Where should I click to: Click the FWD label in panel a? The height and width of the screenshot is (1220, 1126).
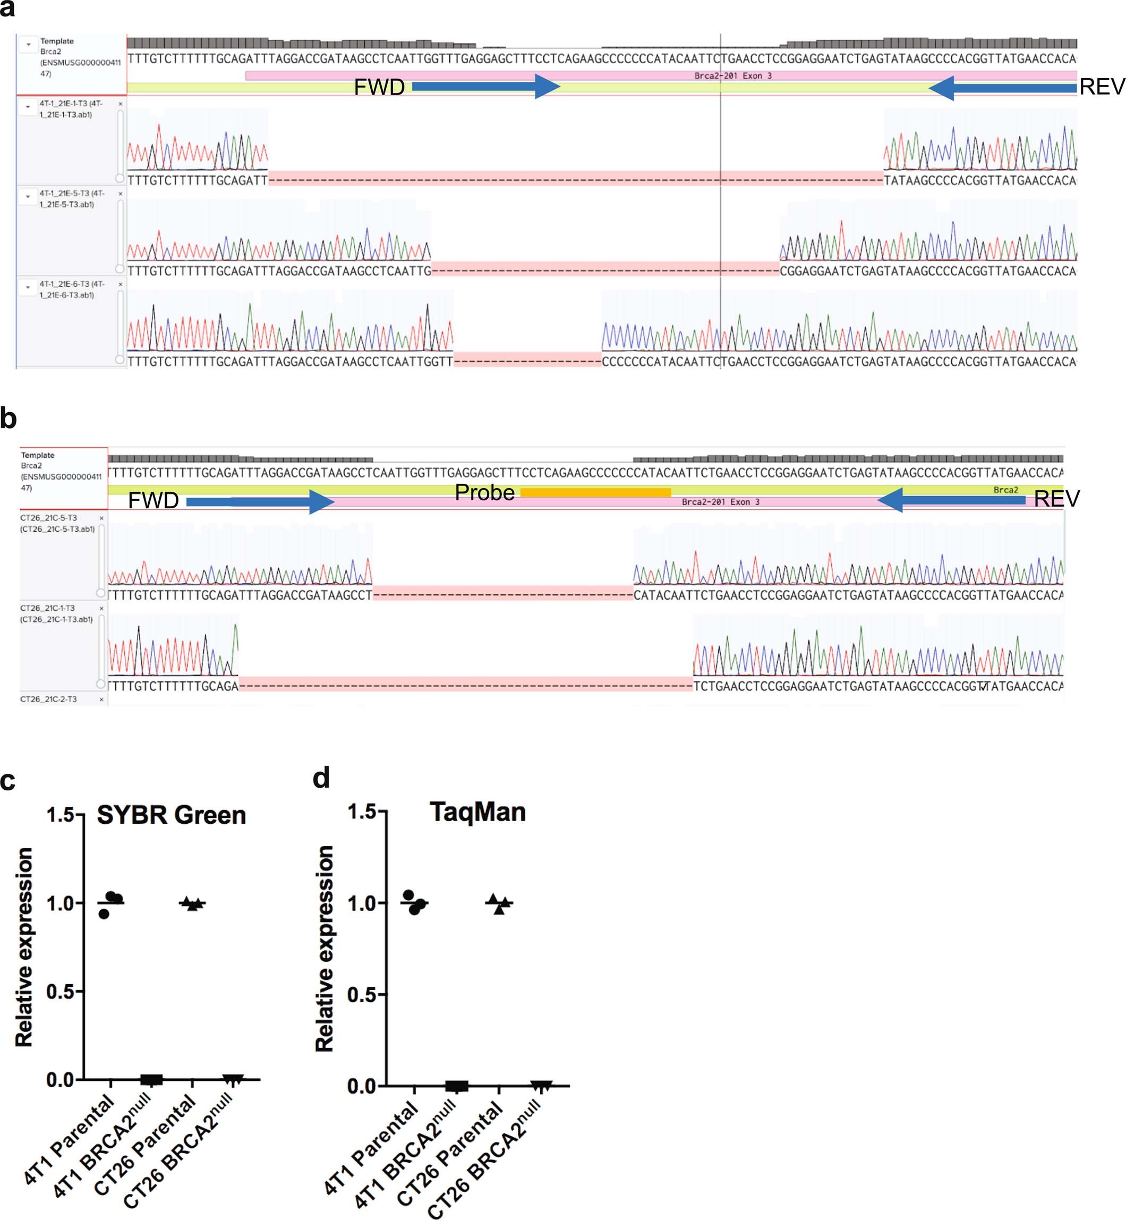[379, 87]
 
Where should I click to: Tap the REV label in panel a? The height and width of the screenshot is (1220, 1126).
[1101, 87]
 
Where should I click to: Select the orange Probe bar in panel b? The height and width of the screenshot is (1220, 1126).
[595, 492]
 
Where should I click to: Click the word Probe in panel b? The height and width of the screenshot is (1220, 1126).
[484, 492]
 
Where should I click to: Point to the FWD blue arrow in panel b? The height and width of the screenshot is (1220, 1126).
[260, 501]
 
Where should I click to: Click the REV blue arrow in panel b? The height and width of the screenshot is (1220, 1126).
[951, 500]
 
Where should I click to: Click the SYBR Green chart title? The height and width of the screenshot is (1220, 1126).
[171, 815]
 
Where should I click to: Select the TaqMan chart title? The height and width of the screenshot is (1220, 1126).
[477, 812]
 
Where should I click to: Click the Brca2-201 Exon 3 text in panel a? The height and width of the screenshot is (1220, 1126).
[733, 75]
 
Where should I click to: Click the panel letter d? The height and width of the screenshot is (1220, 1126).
[321, 779]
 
